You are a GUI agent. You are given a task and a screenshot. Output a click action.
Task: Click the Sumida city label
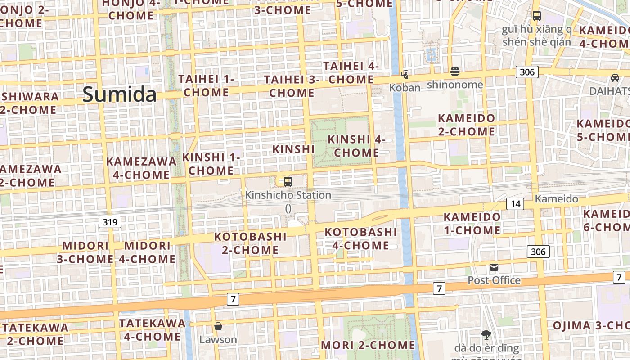pyautogui.click(x=120, y=94)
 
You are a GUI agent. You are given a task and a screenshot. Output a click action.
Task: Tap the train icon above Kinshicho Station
pyautogui.click(x=288, y=182)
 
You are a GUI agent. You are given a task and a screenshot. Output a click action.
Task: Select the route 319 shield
pyautogui.click(x=110, y=221)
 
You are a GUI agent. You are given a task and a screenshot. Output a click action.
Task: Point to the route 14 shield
pyautogui.click(x=515, y=204)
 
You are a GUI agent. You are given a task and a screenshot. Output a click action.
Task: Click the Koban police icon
pyautogui.click(x=405, y=74)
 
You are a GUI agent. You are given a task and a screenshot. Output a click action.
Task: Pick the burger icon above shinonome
pyautogui.click(x=455, y=72)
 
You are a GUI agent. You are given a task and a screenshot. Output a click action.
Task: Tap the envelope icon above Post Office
pyautogui.click(x=494, y=267)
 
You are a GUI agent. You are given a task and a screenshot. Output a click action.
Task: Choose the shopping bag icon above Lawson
pyautogui.click(x=218, y=326)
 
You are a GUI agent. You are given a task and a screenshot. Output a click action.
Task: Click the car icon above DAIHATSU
pyautogui.click(x=615, y=78)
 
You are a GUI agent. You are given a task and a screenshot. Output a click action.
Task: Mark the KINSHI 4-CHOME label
pyautogui.click(x=356, y=146)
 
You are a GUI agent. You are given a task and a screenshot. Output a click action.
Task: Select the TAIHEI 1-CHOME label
pyautogui.click(x=207, y=85)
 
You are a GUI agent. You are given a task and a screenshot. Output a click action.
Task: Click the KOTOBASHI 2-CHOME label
pyautogui.click(x=250, y=243)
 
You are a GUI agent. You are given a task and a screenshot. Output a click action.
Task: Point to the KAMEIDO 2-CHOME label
pyautogui.click(x=467, y=125)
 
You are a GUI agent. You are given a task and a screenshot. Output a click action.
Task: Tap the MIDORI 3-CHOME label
pyautogui.click(x=85, y=252)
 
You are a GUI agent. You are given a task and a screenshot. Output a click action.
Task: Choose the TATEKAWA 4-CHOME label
pyautogui.click(x=153, y=329)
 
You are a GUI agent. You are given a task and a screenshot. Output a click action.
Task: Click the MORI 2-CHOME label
pyautogui.click(x=368, y=345)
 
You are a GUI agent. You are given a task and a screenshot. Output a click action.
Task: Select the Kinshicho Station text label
pyautogui.click(x=288, y=195)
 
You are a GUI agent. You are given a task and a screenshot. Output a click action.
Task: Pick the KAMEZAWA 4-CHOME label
pyautogui.click(x=141, y=168)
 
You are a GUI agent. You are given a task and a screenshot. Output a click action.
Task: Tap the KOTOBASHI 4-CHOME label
pyautogui.click(x=361, y=238)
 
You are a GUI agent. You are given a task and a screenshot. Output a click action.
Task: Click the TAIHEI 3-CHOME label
pyautogui.click(x=292, y=86)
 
